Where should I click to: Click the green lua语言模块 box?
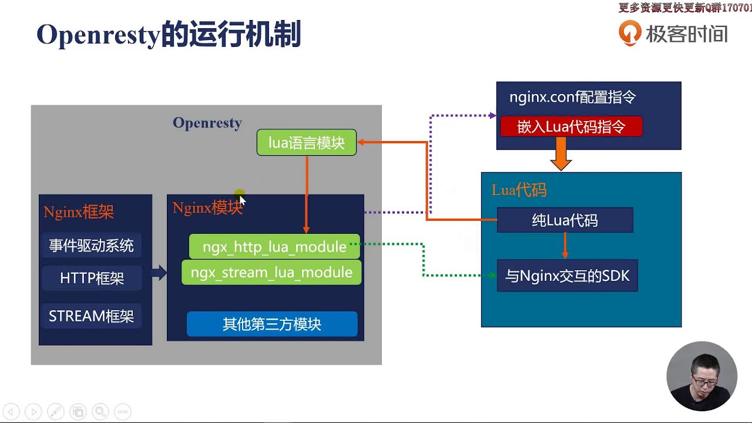click(x=306, y=143)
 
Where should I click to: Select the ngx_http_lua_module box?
click(x=274, y=247)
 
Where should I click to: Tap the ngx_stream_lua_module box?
click(x=271, y=273)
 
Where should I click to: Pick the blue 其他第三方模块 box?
click(x=271, y=324)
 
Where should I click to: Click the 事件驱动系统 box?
click(x=91, y=246)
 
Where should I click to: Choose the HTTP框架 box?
click(x=92, y=278)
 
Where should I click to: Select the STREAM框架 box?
click(x=91, y=317)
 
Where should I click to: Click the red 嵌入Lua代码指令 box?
click(x=570, y=127)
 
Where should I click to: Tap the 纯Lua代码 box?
click(x=565, y=221)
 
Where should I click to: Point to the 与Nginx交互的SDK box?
click(x=567, y=276)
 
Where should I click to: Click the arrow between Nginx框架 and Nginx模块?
click(x=159, y=273)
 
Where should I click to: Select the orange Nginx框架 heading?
click(x=78, y=212)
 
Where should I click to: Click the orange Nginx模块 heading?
click(x=207, y=208)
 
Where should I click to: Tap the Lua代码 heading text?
click(x=519, y=190)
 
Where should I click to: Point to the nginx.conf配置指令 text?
click(x=572, y=98)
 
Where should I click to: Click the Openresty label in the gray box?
click(x=207, y=123)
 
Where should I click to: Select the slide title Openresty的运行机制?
click(x=169, y=35)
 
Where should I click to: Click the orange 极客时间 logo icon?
click(x=630, y=33)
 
